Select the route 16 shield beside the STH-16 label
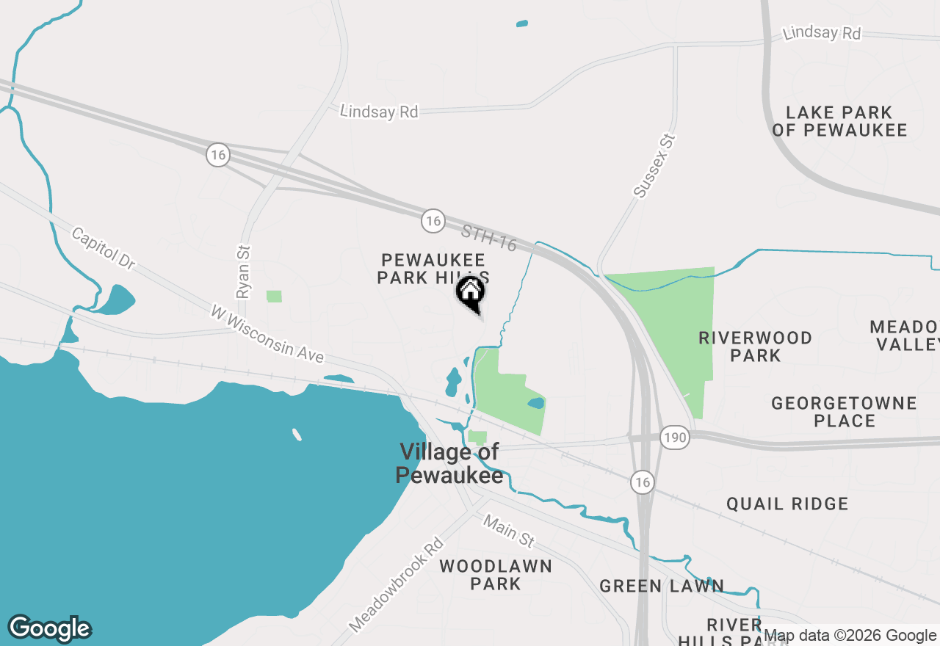(433, 219)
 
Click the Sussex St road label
(654, 166)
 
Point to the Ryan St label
(244, 272)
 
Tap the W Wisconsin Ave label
(267, 334)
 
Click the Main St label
(508, 530)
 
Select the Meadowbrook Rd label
(397, 585)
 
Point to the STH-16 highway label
(489, 238)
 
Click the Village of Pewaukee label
(449, 463)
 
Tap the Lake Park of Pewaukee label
(839, 122)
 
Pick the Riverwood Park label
(756, 346)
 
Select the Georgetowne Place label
(845, 412)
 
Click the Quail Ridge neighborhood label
(787, 504)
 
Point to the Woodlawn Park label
(496, 575)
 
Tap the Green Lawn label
(662, 586)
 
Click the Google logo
(50, 628)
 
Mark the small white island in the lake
(297, 435)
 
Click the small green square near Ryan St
(274, 296)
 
